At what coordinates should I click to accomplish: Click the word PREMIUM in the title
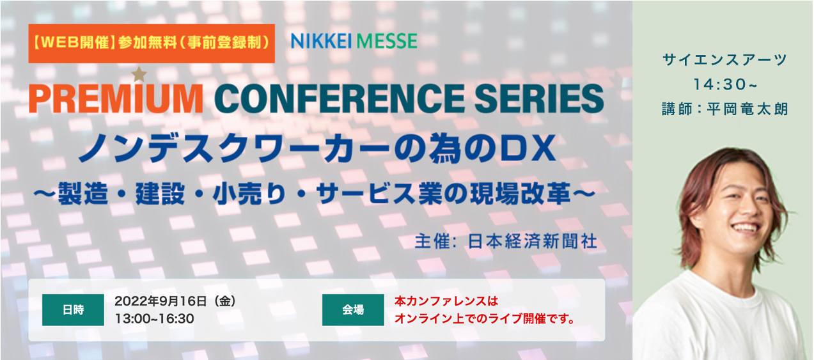pyautogui.click(x=116, y=98)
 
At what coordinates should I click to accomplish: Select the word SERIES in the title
pyautogui.click(x=539, y=98)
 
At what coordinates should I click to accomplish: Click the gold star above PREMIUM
pyautogui.click(x=139, y=74)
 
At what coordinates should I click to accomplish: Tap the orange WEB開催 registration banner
pyautogui.click(x=152, y=43)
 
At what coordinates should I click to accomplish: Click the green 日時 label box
pyautogui.click(x=73, y=310)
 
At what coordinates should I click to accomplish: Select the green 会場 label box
pyautogui.click(x=353, y=310)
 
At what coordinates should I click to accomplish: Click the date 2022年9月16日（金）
pyautogui.click(x=175, y=301)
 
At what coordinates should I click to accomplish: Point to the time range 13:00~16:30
pyautogui.click(x=155, y=318)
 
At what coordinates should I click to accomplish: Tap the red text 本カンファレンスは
pyautogui.click(x=446, y=301)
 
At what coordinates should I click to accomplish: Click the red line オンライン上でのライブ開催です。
pyautogui.click(x=485, y=318)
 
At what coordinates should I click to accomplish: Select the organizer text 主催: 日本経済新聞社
pyautogui.click(x=506, y=241)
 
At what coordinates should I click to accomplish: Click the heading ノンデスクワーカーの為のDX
pyautogui.click(x=318, y=148)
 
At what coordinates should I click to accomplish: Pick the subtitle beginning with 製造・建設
pyautogui.click(x=315, y=193)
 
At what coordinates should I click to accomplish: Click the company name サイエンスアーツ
pyautogui.click(x=724, y=59)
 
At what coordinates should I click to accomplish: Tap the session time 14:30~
pyautogui.click(x=725, y=84)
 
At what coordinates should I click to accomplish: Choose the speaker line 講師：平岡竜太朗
pyautogui.click(x=724, y=109)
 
